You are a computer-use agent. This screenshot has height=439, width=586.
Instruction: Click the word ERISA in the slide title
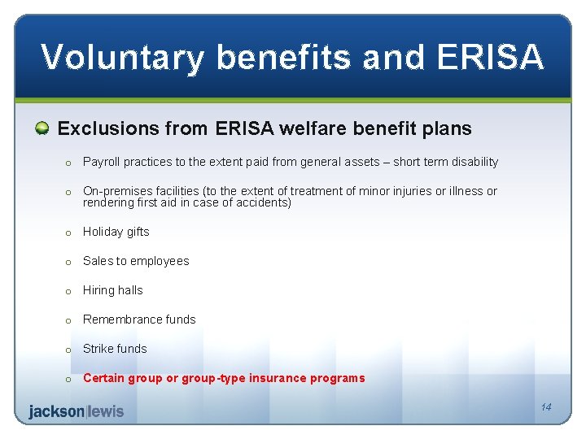point(490,58)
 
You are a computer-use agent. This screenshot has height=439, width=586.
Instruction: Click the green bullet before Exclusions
point(42,128)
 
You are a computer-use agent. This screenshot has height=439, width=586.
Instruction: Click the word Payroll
point(102,162)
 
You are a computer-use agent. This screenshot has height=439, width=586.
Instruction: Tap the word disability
point(474,162)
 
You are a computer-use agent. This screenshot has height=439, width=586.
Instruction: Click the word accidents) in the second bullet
point(262,202)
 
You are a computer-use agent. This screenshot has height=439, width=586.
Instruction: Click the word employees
point(160,261)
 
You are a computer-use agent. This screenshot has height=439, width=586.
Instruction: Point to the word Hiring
point(99,290)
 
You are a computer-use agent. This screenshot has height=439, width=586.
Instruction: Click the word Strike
point(98,349)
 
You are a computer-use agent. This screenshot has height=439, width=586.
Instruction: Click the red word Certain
point(105,378)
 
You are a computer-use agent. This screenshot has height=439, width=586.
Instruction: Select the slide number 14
point(545,407)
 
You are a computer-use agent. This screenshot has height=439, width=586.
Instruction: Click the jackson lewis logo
point(77,411)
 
